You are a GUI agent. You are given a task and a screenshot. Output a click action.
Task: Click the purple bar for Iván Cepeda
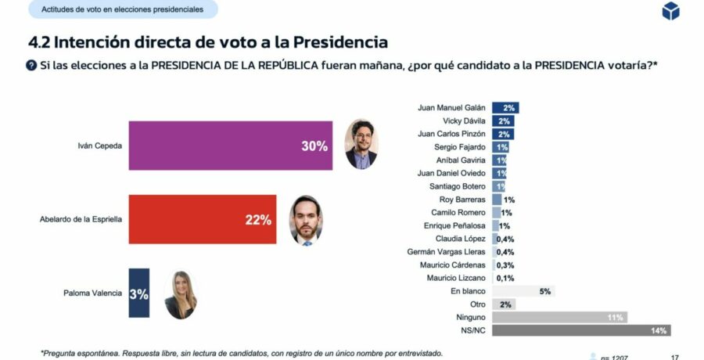coord(230,146)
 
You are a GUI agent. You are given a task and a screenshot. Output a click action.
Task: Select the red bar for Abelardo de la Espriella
coord(202,219)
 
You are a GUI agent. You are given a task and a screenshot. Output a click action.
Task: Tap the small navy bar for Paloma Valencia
coord(138,293)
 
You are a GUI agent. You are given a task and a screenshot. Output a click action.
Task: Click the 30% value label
coord(314,146)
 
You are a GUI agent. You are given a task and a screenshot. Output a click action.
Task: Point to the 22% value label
coord(258,220)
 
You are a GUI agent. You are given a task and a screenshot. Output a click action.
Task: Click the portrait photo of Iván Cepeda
coord(361,144)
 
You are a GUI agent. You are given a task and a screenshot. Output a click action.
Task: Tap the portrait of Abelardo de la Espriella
coord(306,220)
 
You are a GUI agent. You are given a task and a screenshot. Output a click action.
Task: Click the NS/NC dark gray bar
coord(581,330)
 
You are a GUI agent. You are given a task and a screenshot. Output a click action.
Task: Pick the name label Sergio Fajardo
coord(460,147)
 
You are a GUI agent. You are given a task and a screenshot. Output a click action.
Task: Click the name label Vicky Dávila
coord(465,121)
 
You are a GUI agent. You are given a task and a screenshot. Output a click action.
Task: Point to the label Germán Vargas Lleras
coord(447,251)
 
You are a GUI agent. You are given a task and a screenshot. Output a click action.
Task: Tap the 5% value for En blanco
coord(545,291)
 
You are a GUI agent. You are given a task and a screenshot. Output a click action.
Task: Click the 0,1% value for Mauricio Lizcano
coord(505,278)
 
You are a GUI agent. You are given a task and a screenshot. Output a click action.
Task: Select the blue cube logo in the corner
coord(670,11)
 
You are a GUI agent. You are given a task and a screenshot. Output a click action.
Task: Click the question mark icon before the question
coord(31,65)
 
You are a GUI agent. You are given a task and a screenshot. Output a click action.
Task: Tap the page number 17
coord(675,357)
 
